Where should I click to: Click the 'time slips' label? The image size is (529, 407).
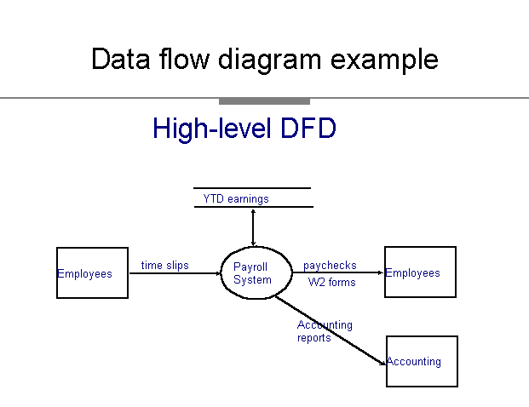[x=165, y=266]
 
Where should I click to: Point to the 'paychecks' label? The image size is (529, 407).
[x=330, y=266]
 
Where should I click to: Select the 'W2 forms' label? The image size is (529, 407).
[x=332, y=282]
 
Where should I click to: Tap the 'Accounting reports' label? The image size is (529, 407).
[x=325, y=331]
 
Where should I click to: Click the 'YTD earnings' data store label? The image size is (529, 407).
[x=236, y=199]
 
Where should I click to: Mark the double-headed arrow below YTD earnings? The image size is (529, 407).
[x=253, y=227]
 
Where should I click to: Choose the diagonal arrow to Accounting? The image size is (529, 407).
[x=331, y=330]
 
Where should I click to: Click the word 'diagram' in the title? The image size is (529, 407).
[x=269, y=60]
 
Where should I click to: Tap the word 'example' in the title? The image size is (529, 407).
[x=384, y=60]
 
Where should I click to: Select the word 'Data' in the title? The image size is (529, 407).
[x=121, y=59]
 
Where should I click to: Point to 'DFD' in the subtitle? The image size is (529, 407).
[x=308, y=128]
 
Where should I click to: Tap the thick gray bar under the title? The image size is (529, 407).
[x=264, y=101]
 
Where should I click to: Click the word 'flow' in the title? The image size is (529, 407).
[x=185, y=59]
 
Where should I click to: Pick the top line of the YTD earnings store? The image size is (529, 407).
[x=252, y=188]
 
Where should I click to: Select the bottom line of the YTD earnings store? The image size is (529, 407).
[x=254, y=207]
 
